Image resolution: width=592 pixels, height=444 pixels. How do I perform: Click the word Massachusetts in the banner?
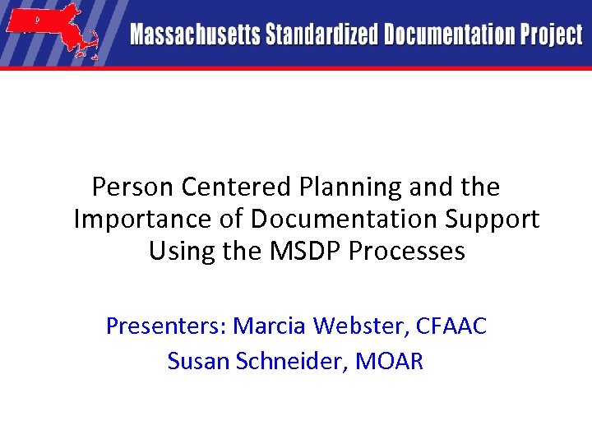pos(193,35)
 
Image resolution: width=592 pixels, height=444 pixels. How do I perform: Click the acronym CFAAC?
pos(452,326)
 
